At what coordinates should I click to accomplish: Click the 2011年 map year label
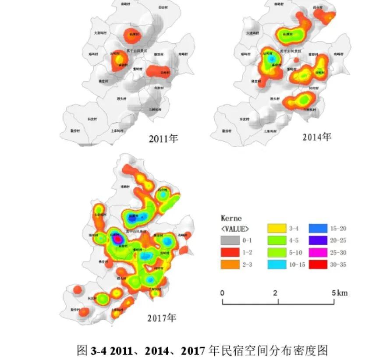(x=163, y=139)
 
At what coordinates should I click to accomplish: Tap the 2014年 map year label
(x=316, y=137)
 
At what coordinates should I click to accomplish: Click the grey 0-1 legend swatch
(x=230, y=240)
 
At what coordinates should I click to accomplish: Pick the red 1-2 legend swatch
(x=230, y=253)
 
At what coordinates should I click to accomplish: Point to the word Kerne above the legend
(x=231, y=218)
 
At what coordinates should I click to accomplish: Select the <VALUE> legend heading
(x=235, y=228)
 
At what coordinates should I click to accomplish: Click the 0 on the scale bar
(x=223, y=293)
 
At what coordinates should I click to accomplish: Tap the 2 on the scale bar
(x=275, y=293)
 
